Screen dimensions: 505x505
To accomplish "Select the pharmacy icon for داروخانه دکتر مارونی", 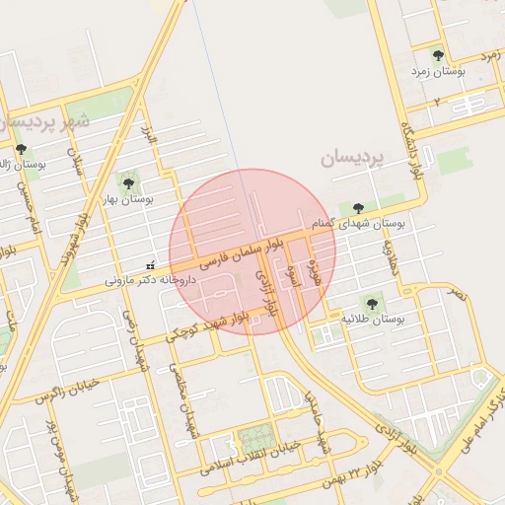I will [x=150, y=264].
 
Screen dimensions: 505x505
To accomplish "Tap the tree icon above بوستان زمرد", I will [x=438, y=55].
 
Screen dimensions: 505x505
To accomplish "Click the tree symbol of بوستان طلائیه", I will [x=372, y=303].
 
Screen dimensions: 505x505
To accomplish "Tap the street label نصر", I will [x=456, y=293].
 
